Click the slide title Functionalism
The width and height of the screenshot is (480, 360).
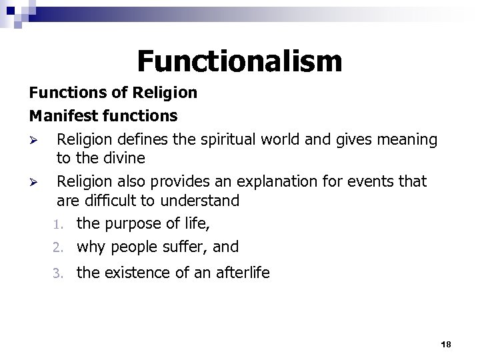tap(239, 61)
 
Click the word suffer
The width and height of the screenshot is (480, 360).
tap(187, 247)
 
